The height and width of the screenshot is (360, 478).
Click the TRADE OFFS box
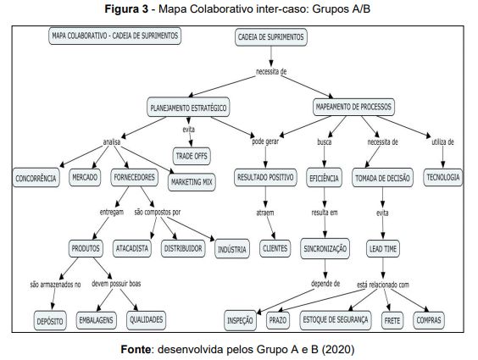coord(192,156)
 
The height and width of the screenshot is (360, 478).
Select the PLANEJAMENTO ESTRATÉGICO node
coord(188,108)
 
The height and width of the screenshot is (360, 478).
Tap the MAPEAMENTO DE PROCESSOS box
coord(353,107)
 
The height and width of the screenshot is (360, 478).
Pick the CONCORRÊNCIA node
coord(36,178)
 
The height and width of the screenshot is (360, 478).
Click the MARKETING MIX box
coord(192,182)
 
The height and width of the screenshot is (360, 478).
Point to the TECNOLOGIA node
coord(442,177)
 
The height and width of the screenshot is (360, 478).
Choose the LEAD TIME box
coord(383,248)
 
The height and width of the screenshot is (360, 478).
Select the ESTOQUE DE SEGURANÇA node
coord(336,320)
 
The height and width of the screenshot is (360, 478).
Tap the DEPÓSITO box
coord(50,321)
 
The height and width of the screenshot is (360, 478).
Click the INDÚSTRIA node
coord(232,249)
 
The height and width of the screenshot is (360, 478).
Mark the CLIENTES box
coord(275,248)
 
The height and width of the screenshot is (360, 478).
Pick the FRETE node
coord(392,320)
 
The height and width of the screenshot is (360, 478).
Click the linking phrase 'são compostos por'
coord(158,212)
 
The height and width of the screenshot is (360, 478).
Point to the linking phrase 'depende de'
coord(325,284)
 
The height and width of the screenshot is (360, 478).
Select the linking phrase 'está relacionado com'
coord(383,285)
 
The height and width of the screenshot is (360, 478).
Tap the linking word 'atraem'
coord(265,213)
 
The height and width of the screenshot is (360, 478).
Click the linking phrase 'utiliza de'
coord(442,142)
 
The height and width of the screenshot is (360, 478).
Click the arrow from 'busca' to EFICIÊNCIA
coord(325,158)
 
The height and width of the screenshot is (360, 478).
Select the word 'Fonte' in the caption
coord(136,349)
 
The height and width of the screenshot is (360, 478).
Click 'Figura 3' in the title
coord(126,9)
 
